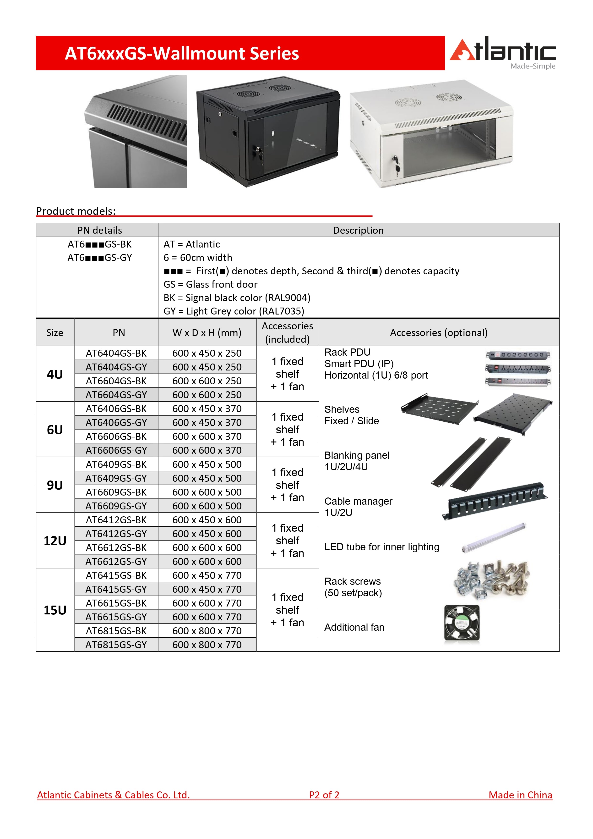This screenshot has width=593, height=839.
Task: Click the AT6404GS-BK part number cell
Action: [x=116, y=353]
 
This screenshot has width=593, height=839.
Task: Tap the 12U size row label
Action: [x=55, y=541]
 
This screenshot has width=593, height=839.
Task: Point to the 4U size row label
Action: [x=55, y=374]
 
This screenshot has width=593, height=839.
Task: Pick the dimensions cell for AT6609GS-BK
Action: [x=207, y=492]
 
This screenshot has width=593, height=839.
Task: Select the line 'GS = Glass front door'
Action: [x=210, y=284]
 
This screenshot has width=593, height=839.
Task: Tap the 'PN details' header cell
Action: [x=100, y=230]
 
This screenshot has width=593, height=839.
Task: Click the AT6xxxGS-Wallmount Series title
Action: [x=182, y=53]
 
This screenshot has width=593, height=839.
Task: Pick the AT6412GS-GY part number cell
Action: [x=116, y=534]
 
